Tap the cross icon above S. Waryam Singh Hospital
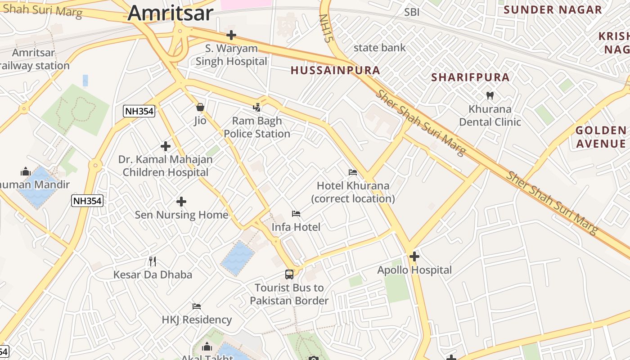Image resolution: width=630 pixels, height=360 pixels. click(231, 35)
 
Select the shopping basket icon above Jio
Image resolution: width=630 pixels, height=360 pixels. click(200, 107)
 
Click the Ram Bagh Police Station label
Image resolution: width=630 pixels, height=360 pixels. click(257, 127)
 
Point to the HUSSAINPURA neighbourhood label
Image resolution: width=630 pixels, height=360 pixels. click(335, 70)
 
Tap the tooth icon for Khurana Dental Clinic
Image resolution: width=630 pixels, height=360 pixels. click(490, 95)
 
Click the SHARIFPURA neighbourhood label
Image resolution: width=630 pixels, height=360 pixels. click(470, 77)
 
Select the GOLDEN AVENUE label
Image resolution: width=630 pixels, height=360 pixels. click(601, 137)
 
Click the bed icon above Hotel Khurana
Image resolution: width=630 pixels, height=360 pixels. click(353, 172)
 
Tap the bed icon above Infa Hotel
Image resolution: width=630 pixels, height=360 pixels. click(296, 213)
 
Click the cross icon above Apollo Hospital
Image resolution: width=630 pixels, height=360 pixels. click(414, 256)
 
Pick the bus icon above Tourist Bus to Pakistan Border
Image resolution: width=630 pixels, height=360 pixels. click(289, 274)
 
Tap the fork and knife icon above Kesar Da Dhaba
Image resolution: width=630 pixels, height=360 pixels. click(153, 261)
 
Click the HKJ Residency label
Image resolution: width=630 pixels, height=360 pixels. click(197, 320)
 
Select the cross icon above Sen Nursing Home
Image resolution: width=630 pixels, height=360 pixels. click(181, 202)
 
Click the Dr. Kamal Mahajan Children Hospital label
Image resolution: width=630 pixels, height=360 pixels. click(166, 166)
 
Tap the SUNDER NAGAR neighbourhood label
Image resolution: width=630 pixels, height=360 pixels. click(552, 10)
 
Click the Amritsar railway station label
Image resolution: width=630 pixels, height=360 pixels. click(34, 59)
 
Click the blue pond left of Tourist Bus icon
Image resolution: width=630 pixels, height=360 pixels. click(237, 258)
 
